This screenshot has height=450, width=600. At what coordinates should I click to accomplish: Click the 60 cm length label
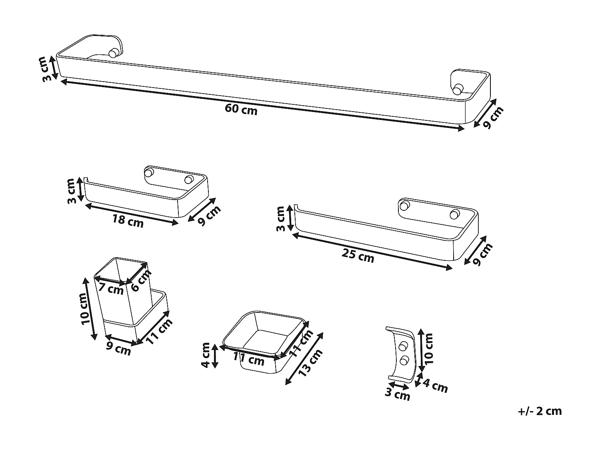point(241,109)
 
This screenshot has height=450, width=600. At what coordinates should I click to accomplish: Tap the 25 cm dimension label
point(358,255)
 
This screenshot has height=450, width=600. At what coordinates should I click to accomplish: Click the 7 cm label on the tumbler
point(111,288)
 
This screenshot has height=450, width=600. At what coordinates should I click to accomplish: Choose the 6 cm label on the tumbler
point(141,280)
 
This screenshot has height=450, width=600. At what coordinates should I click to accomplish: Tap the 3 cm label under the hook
point(398,394)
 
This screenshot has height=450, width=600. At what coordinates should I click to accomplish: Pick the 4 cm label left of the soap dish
point(206,355)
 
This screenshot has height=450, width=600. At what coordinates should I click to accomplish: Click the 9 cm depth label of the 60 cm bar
point(492,118)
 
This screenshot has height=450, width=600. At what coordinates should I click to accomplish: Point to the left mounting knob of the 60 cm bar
point(114,52)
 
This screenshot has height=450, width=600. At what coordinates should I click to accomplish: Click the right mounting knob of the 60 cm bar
point(458,89)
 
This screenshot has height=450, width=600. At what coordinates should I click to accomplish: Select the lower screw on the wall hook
point(404,360)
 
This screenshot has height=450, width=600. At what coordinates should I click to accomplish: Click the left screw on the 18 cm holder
point(149,173)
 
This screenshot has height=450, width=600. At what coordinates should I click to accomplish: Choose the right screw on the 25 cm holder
point(454,214)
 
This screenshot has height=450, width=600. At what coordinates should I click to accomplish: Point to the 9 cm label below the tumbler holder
point(118,348)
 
